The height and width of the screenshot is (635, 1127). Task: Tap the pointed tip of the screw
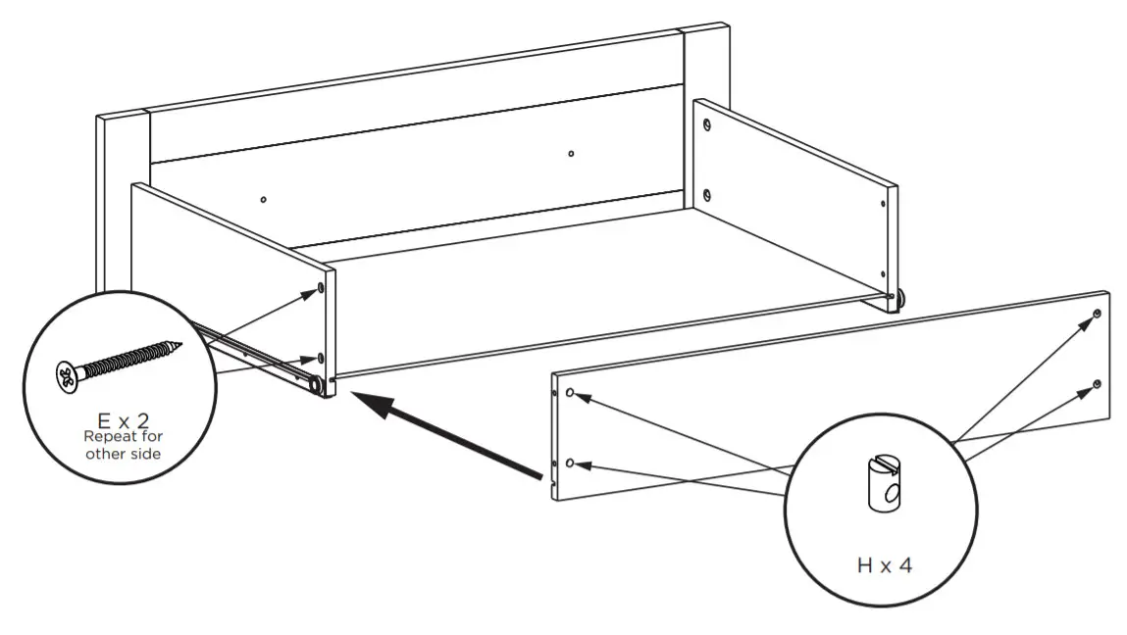point(181,344)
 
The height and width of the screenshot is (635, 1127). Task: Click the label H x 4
point(880,565)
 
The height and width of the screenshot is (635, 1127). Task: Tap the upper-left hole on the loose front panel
point(570,393)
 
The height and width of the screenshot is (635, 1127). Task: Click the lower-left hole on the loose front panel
point(570,462)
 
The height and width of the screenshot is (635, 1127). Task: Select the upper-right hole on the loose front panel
point(1097,314)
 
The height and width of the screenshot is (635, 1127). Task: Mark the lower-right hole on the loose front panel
point(1097,383)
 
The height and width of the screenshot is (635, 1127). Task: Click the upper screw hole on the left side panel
point(322,288)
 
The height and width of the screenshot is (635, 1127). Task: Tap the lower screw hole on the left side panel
point(322,358)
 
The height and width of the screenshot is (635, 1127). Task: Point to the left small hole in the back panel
point(263,200)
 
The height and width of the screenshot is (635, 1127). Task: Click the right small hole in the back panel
point(571,153)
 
